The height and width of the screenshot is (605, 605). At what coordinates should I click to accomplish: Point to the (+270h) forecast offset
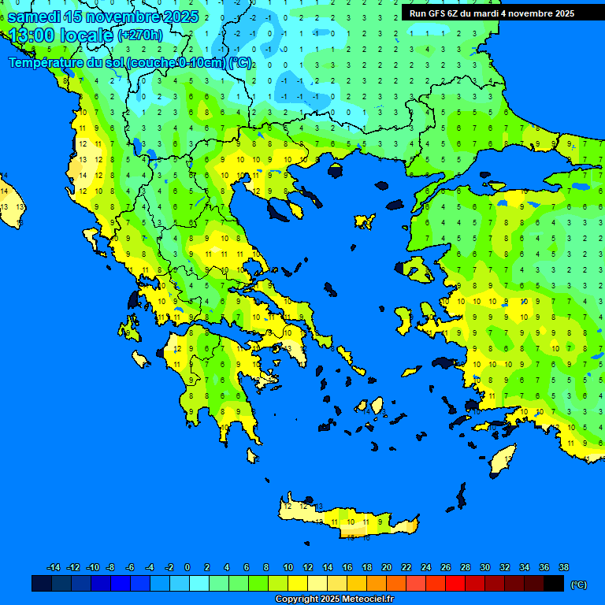coord(140,35)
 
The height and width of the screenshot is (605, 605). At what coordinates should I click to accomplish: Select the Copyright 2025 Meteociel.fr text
coord(334,599)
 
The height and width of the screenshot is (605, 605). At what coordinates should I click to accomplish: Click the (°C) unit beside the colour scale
coord(578,585)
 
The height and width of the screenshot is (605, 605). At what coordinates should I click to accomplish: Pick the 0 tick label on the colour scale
coord(187,567)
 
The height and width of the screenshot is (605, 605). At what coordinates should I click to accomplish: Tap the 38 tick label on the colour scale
coord(563,567)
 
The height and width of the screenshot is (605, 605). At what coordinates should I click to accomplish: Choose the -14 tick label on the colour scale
coord(54,567)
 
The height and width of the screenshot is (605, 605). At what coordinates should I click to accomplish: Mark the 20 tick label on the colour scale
coord(386,567)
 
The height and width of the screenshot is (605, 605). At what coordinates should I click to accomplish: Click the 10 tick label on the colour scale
coord(288,567)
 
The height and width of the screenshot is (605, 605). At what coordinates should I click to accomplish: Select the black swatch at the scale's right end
coord(554,584)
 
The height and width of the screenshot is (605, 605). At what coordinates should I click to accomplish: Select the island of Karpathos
coord(460,497)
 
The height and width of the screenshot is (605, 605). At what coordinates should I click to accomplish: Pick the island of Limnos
coord(364,221)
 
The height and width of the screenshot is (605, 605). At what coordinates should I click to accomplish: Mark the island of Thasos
coord(336,170)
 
